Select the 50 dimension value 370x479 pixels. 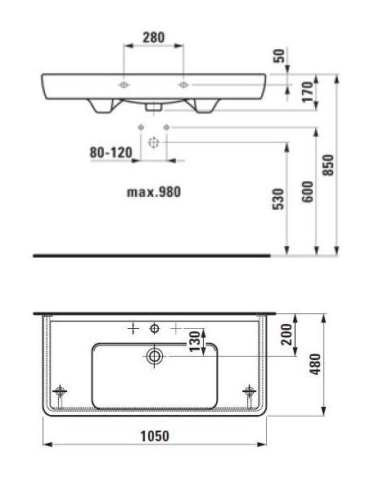pos(279,56)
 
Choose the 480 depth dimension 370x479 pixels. pos(314,362)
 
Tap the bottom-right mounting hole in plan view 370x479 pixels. pos(248,390)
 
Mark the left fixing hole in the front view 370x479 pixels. pos(122,84)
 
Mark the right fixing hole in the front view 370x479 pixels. pos(183,84)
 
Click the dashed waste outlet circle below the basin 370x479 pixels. pos(153,141)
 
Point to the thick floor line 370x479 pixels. pos(151,256)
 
